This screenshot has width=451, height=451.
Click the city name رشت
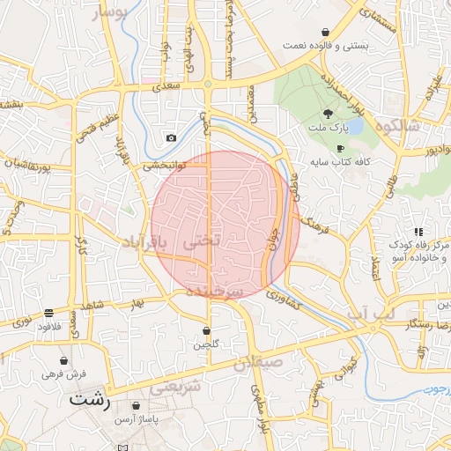(x=92, y=400)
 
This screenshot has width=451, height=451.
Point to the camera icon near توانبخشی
(x=171, y=138)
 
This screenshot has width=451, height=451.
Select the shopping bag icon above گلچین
(x=206, y=331)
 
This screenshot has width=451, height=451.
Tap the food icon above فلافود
(x=48, y=313)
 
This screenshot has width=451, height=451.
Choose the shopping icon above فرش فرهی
(x=63, y=360)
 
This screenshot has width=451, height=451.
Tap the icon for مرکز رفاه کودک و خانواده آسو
(x=417, y=232)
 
